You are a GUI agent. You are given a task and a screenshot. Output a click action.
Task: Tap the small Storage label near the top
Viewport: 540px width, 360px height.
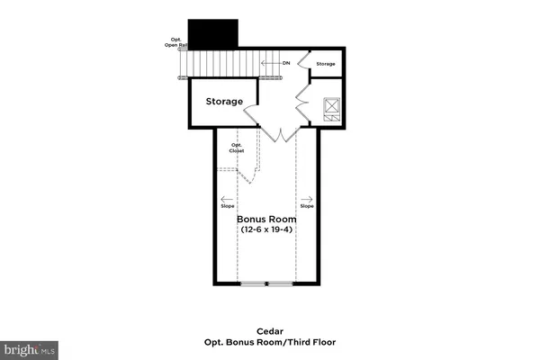click(326, 64)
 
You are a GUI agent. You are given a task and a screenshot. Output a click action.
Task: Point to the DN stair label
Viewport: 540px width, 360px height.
click(285, 63)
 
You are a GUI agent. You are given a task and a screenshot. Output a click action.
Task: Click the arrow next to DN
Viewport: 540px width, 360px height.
click(269, 63)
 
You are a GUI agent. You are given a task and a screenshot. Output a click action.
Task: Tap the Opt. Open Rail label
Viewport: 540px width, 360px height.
click(177, 42)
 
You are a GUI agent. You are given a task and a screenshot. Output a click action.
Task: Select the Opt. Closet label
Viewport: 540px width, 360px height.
click(238, 148)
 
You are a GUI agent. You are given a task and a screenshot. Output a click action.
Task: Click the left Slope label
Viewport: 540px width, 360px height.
click(227, 206)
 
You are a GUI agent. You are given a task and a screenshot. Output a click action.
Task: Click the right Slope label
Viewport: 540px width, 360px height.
click(307, 206)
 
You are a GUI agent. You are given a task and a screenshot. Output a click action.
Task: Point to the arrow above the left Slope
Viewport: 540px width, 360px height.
click(227, 199)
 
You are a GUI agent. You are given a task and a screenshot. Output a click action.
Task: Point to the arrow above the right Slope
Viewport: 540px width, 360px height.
click(307, 199)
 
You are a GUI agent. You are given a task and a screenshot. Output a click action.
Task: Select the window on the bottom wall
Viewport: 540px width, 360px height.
click(266, 284)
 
